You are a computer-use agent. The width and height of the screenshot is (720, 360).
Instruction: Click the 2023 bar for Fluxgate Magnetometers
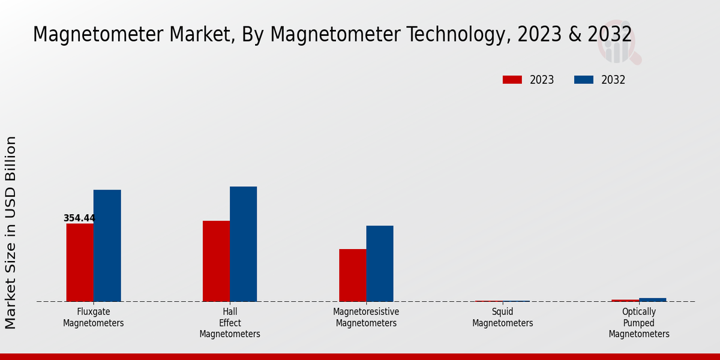(x=80, y=262)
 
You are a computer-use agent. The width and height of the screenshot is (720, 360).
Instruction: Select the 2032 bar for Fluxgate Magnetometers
(x=107, y=245)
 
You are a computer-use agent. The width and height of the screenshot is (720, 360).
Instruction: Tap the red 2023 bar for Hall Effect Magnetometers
(x=216, y=261)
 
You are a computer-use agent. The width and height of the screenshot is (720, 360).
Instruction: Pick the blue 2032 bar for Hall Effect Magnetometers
(x=243, y=244)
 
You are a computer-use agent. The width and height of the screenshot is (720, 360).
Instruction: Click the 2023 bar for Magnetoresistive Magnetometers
(x=352, y=275)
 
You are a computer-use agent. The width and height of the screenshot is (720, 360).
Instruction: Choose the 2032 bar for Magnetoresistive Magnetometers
(x=380, y=263)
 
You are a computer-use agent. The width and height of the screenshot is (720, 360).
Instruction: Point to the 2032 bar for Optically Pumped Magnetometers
(x=652, y=299)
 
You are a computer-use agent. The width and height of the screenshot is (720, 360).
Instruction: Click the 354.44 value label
(x=79, y=218)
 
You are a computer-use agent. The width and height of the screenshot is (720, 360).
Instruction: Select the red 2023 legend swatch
(x=512, y=80)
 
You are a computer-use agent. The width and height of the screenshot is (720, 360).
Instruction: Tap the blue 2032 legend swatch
(x=583, y=80)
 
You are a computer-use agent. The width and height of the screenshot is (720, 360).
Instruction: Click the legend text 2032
(x=613, y=80)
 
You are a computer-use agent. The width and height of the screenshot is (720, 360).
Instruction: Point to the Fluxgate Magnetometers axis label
(x=94, y=317)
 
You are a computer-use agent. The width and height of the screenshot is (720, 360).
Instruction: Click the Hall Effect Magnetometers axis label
(x=230, y=323)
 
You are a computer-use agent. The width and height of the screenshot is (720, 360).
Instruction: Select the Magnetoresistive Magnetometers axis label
(x=366, y=317)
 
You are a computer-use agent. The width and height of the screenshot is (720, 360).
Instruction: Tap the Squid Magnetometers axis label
(x=502, y=317)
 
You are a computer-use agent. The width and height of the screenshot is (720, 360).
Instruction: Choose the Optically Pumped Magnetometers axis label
(x=639, y=323)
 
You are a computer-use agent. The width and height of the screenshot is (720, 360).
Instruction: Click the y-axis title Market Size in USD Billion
(x=11, y=233)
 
